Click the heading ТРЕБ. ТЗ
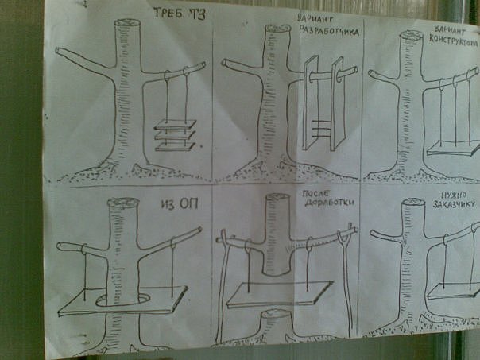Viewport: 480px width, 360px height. pos(179,14)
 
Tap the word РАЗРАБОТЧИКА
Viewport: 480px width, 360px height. pos(329,31)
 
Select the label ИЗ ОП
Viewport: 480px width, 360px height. pos(180,203)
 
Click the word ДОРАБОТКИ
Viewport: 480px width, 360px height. pos(330,203)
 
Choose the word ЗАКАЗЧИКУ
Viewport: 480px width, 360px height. pos(455,203)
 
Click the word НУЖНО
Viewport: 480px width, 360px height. pos(454,195)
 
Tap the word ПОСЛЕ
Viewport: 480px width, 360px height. pos(315,193)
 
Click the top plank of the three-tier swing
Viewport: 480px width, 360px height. pos(175,124)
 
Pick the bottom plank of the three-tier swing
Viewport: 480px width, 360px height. pos(175,147)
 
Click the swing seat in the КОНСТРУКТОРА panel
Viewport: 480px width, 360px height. pos(453,149)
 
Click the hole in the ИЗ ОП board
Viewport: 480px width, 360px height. pos(122,301)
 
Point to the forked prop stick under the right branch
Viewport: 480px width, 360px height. pos(346,281)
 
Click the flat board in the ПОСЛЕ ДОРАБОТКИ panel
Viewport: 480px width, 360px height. pos(279,295)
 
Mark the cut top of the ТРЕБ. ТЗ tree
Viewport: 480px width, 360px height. pos(128,23)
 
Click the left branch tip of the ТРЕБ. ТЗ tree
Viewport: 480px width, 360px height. pos(57,50)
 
